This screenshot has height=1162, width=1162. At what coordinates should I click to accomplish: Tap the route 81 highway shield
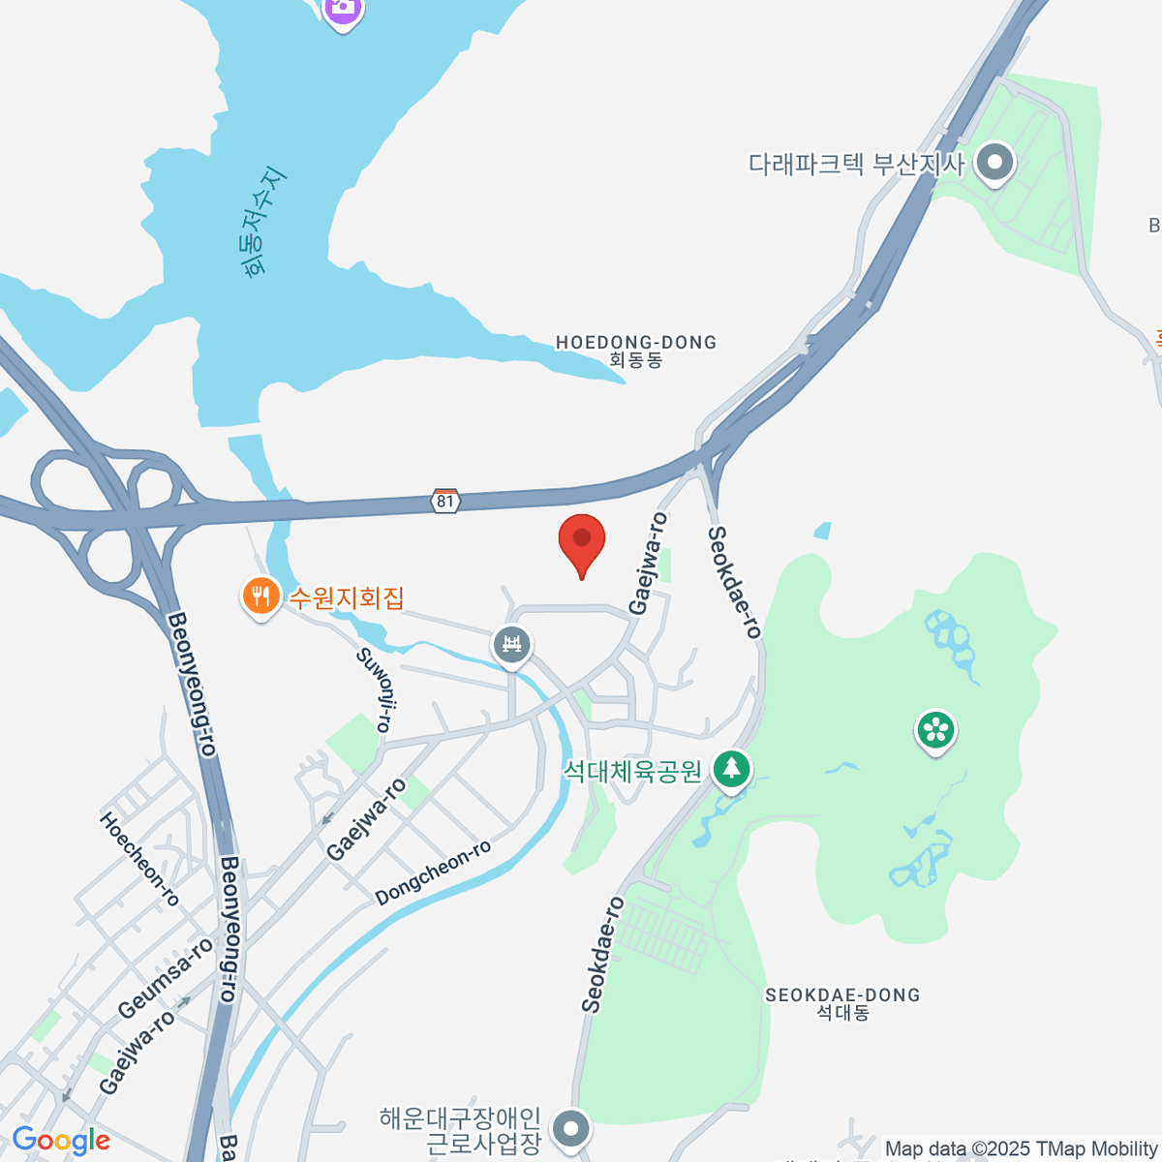[x=444, y=501]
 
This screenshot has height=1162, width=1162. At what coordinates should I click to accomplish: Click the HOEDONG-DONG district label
[x=636, y=351]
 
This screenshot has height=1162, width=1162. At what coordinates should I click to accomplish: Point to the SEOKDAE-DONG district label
[x=842, y=1003]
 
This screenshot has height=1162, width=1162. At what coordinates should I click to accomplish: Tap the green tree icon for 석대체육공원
[x=731, y=770]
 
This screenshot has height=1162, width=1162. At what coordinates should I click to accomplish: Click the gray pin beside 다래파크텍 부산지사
[x=994, y=164]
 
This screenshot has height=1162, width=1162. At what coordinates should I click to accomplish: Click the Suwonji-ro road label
[x=375, y=689]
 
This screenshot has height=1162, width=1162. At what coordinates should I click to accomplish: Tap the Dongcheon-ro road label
[x=433, y=872]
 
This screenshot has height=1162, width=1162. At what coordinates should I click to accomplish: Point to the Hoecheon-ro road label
[x=139, y=859]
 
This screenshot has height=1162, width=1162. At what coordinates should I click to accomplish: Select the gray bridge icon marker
[x=511, y=644]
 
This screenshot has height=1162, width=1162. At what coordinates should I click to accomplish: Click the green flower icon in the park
[x=935, y=730]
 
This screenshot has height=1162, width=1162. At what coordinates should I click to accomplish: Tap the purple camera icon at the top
[x=341, y=10]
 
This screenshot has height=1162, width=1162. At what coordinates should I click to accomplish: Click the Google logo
[x=61, y=1141]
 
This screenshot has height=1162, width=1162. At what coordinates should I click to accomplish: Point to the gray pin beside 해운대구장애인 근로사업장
[x=571, y=1128]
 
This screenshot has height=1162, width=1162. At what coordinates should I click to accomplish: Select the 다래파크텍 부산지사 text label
[x=856, y=164]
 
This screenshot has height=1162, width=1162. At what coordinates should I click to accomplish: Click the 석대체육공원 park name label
[x=632, y=771]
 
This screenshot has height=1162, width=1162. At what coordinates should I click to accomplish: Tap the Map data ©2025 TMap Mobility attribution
[x=1021, y=1149]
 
